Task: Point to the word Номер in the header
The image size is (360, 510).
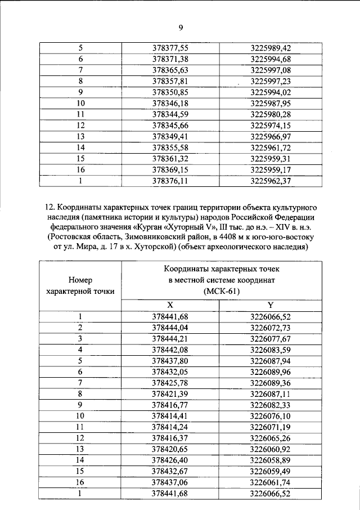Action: tap(80, 279)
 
